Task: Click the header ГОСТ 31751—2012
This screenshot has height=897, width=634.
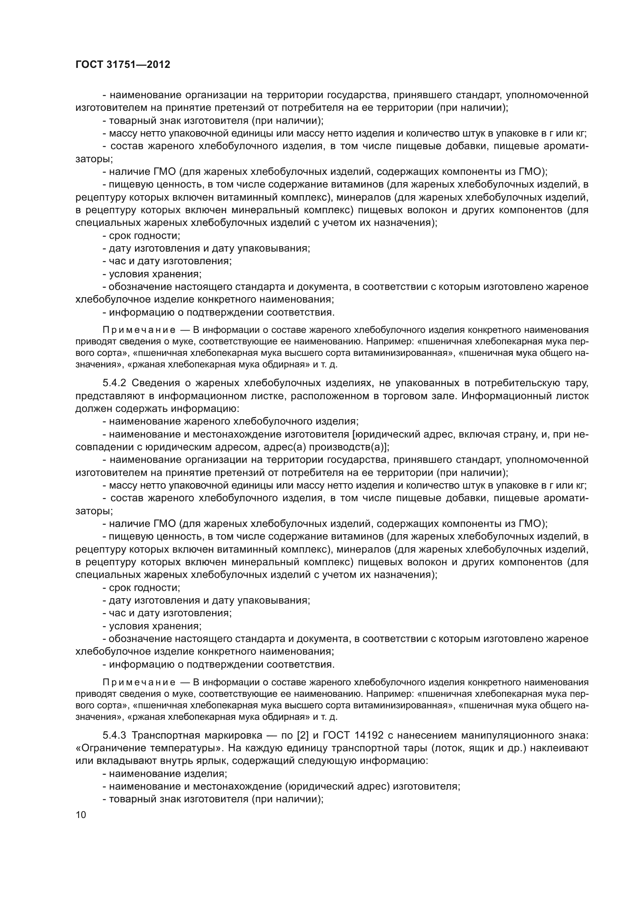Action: pos(123,65)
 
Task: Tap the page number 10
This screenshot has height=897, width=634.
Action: pos(81,815)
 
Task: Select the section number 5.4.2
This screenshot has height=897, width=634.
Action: pos(114,383)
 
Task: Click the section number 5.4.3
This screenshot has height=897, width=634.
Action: pos(114,735)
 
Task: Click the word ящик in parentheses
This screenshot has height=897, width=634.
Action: pos(479,748)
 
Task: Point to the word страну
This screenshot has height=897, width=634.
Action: pos(520,435)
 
